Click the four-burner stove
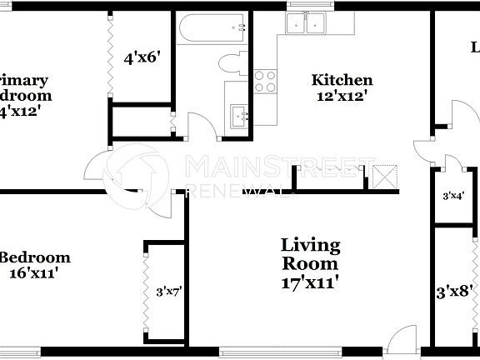(x=265, y=81)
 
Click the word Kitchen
(x=342, y=80)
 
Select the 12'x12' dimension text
(x=341, y=96)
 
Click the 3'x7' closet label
(x=168, y=292)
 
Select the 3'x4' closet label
(x=452, y=196)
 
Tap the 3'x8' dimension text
(x=455, y=292)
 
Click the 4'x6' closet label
(x=141, y=58)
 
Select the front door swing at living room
(x=401, y=337)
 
